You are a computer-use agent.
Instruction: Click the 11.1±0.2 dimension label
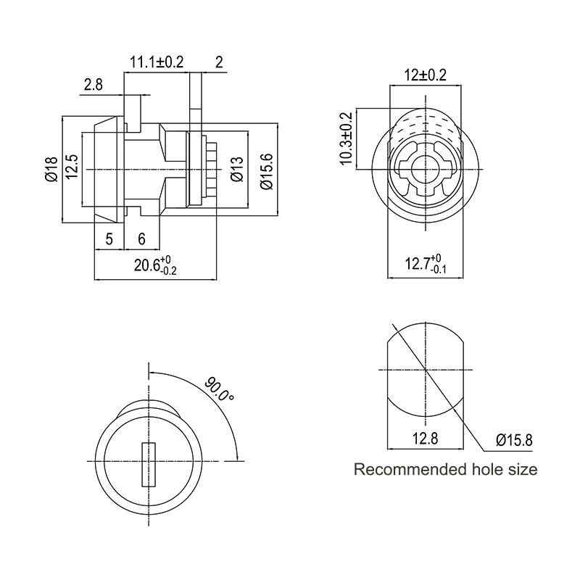(157, 62)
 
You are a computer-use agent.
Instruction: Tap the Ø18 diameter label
(51, 169)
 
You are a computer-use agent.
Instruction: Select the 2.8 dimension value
(94, 85)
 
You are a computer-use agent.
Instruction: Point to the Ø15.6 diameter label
(267, 171)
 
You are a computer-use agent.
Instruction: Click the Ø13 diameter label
(237, 169)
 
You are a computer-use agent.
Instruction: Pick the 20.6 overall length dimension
(155, 265)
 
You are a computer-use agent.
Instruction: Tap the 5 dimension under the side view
(109, 239)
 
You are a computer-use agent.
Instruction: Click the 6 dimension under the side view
(141, 239)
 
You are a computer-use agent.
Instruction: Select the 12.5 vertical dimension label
(72, 167)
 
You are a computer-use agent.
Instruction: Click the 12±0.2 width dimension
(425, 75)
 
